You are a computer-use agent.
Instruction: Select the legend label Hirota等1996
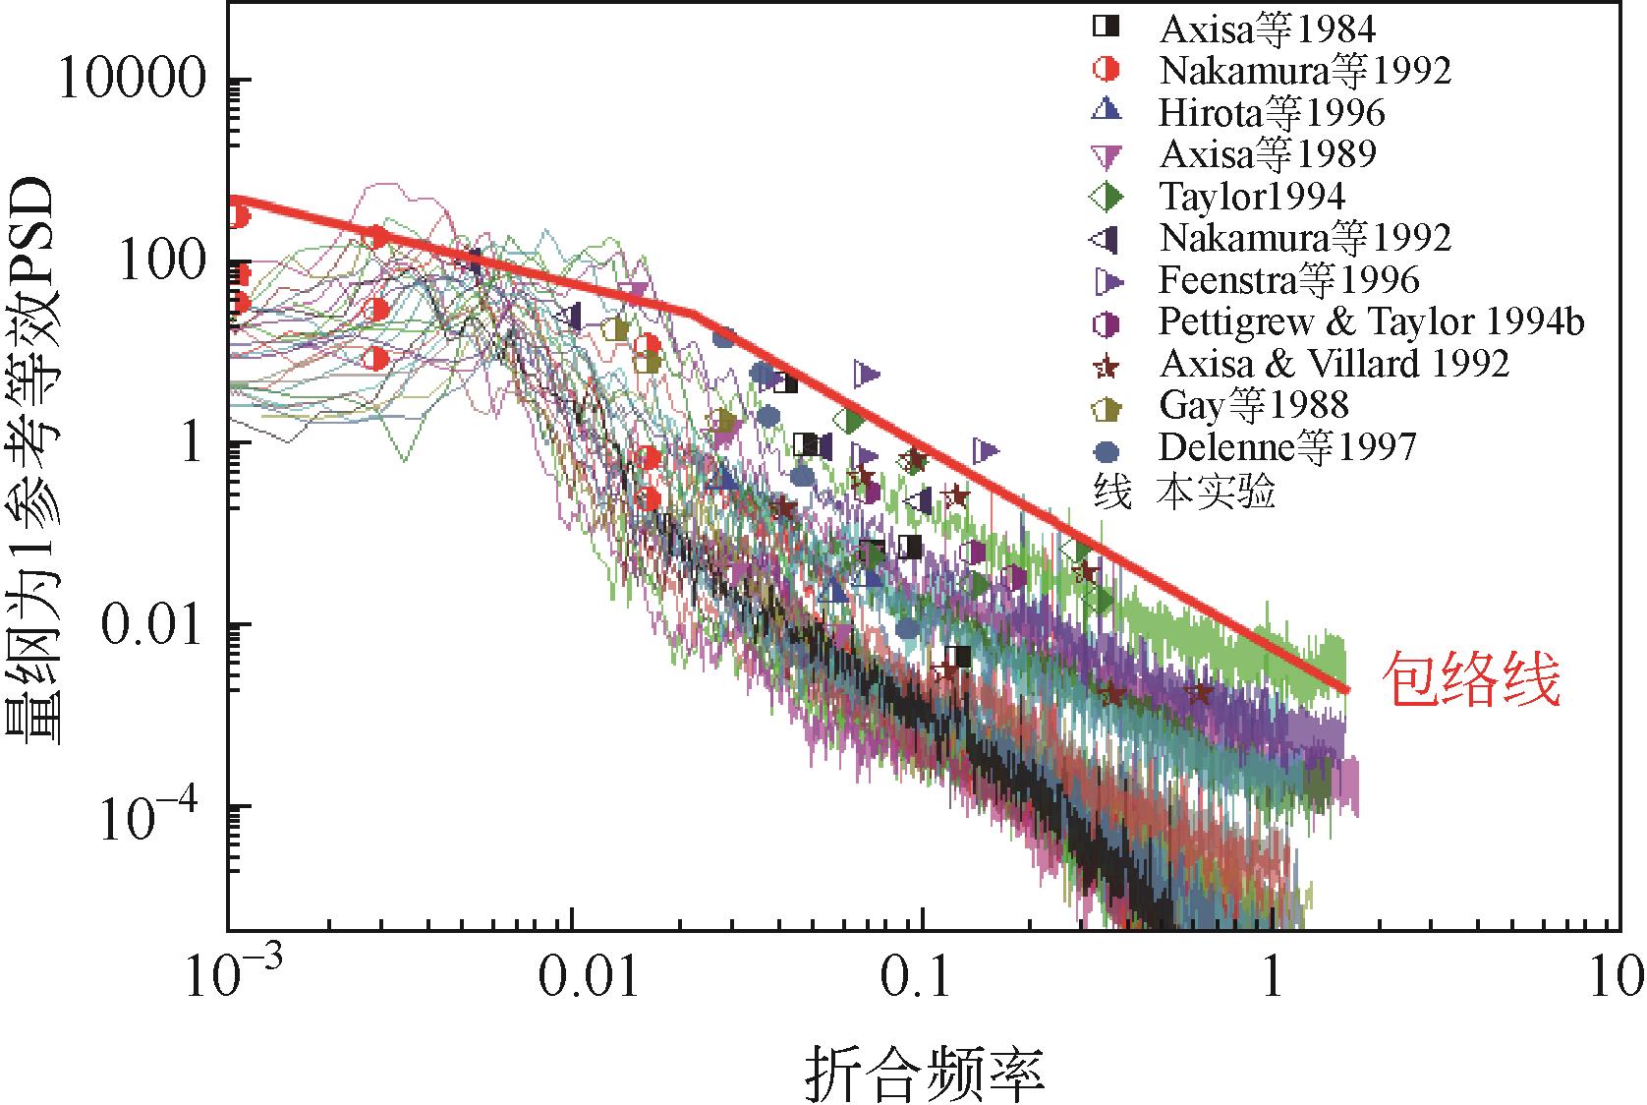(x=1272, y=113)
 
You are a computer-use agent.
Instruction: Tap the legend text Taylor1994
(x=1252, y=197)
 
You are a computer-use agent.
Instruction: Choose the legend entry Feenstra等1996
(x=1289, y=280)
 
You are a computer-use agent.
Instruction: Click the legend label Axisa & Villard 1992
(x=1335, y=364)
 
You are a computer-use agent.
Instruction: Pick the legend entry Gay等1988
(x=1254, y=405)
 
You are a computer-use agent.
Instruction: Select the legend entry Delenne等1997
(x=1287, y=447)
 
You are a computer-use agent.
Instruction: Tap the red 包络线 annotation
(x=1471, y=681)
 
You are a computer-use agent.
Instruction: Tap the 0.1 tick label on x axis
(x=920, y=981)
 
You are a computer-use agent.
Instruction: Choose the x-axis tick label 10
(x=1617, y=981)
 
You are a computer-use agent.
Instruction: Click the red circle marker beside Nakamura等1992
(x=1107, y=70)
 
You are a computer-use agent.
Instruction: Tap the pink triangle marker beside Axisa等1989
(x=1107, y=154)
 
